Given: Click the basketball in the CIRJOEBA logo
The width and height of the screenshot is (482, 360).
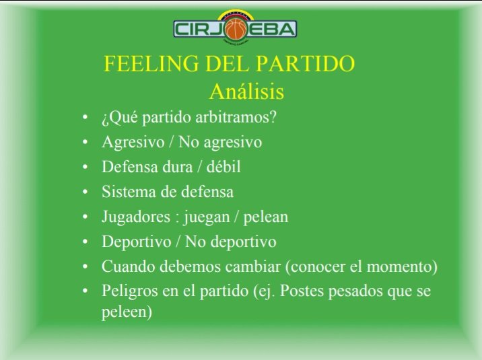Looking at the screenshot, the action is click(x=236, y=30).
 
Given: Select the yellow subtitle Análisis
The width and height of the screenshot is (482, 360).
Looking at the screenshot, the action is click(x=246, y=92).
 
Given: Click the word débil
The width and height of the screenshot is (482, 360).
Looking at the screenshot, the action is click(x=223, y=167).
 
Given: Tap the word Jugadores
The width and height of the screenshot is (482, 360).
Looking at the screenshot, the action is click(x=136, y=217).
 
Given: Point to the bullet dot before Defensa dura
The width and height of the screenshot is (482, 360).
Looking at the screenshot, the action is click(x=85, y=167).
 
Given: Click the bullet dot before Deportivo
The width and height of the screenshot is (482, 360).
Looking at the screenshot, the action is click(x=85, y=242).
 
